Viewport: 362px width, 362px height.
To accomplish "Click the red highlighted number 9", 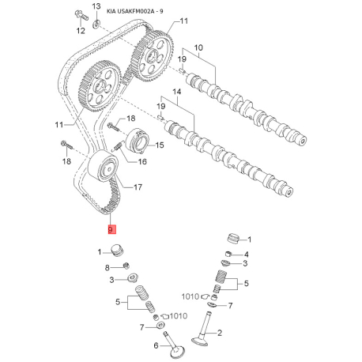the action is (111, 229).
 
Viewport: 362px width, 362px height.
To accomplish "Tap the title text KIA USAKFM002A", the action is (130, 12).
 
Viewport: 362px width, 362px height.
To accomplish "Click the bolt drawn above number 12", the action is (81, 16).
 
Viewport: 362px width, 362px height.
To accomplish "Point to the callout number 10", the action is (198, 47).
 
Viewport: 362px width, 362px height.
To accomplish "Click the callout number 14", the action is (177, 92).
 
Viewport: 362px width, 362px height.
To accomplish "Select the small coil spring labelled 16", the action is (118, 146).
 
